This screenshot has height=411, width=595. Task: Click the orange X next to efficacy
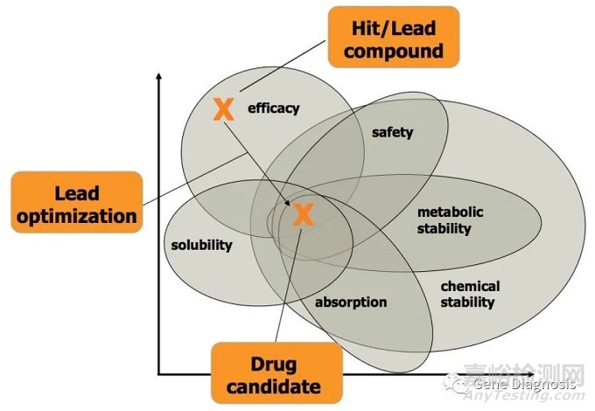[x=224, y=108]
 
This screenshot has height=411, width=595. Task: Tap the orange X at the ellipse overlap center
[x=303, y=214]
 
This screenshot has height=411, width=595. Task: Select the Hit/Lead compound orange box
[x=393, y=38]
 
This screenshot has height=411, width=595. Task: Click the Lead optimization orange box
[x=76, y=203]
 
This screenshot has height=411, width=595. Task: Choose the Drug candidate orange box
[x=276, y=373]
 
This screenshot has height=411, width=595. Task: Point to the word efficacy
[x=273, y=108]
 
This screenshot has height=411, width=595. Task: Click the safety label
[x=392, y=133]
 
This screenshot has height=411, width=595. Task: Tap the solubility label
[x=202, y=245]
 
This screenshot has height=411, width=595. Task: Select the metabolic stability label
[x=450, y=220]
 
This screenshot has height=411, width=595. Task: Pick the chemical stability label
[x=470, y=294]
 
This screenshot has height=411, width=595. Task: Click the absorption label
[x=350, y=303]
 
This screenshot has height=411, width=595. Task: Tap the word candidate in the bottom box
[x=276, y=386]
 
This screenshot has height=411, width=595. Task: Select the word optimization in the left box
[x=76, y=215]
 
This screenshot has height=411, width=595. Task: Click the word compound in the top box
[x=393, y=51]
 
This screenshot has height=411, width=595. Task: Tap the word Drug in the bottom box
[x=275, y=362]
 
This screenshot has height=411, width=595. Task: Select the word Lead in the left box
[x=76, y=192]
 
